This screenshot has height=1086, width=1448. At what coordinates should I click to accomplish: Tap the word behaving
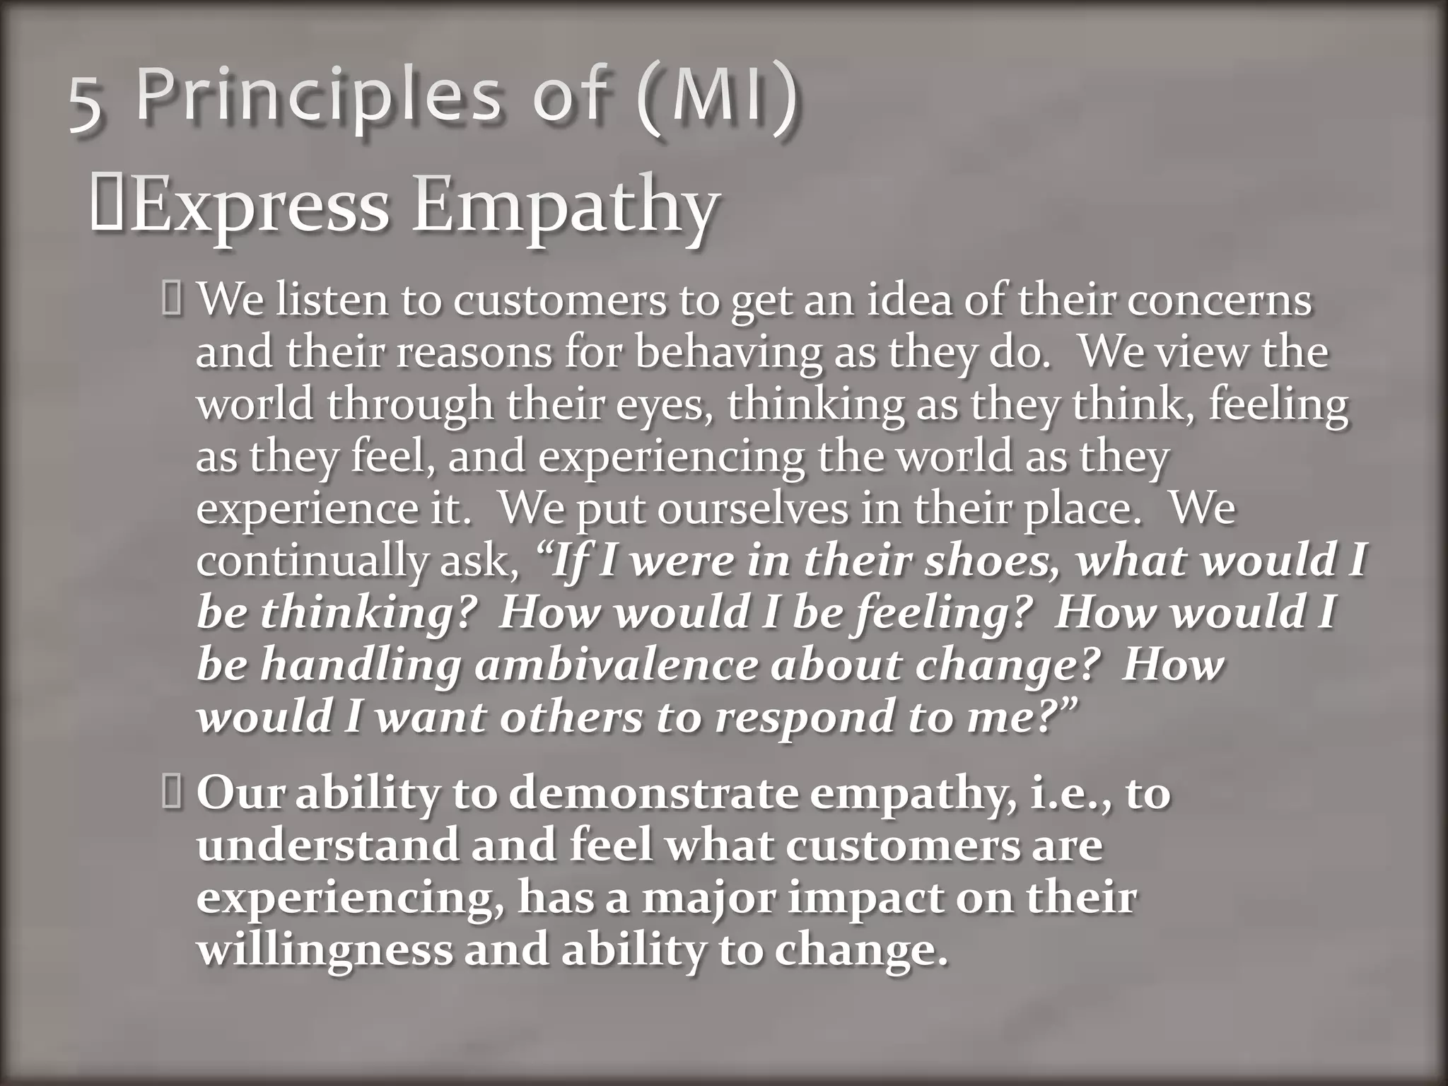(728, 351)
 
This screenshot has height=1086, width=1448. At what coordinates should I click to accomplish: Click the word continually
(311, 560)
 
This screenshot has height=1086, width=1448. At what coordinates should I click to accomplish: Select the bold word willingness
(325, 950)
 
